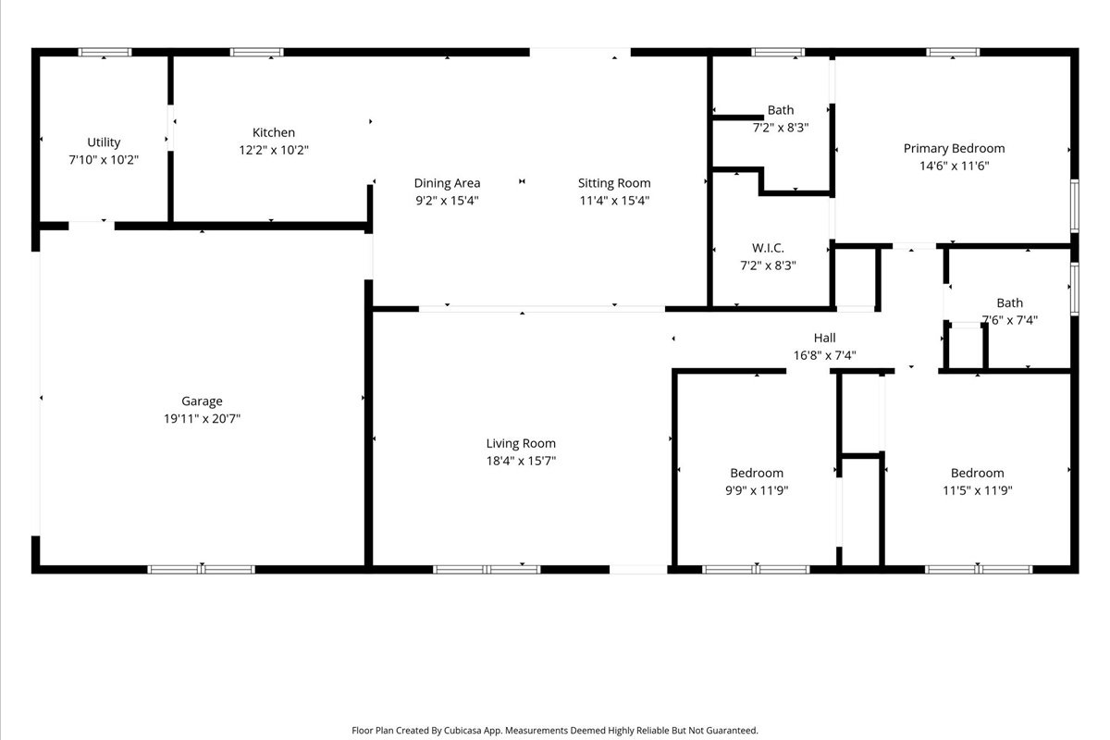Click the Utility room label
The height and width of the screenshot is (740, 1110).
coord(104,142)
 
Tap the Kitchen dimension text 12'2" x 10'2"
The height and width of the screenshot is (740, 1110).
coord(274,150)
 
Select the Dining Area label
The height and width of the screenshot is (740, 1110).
coord(447,183)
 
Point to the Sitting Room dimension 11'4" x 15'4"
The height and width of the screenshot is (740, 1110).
coord(614,200)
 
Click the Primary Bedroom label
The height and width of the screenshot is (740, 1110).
coord(954,148)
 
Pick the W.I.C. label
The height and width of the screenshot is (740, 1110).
coord(768,248)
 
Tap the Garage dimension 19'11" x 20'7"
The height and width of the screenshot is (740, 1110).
coord(202,418)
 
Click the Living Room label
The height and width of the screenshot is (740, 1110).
coord(521,443)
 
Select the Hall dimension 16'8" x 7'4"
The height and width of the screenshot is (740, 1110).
coord(824,355)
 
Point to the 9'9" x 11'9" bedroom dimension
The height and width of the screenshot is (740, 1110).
coord(757,490)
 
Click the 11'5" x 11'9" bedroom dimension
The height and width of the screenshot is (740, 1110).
coord(977,490)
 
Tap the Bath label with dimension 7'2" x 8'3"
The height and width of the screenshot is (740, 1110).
coord(781,110)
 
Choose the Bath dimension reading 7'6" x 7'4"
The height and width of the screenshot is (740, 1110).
coord(1010,320)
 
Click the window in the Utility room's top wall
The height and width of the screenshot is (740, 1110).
coord(105,52)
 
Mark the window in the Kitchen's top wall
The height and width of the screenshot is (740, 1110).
coord(257,52)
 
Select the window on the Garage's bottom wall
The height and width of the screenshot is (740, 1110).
coord(202,570)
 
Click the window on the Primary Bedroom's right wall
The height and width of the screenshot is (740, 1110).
coord(1074,206)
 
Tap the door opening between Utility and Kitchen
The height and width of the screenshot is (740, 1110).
coord(170,128)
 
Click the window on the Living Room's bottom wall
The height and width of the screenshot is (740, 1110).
coord(487,570)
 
